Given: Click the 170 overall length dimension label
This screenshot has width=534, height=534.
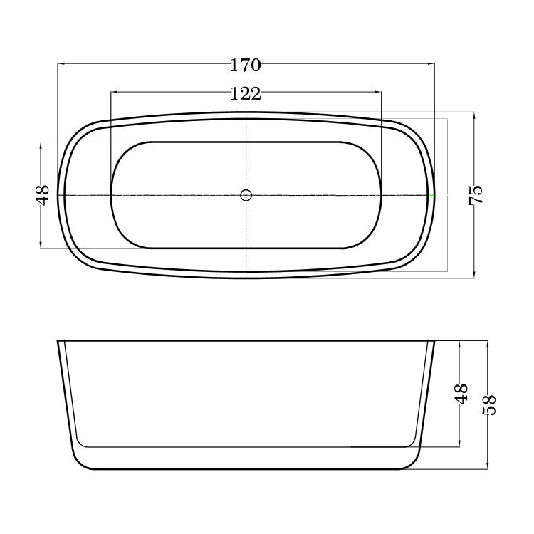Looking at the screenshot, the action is (246, 65).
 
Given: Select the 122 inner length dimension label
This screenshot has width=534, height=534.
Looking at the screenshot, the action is (246, 93).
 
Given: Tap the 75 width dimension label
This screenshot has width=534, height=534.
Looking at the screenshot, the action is (476, 194).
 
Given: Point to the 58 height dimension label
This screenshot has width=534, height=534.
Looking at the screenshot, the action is (489, 405).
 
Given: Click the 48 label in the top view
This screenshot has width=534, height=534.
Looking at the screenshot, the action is (43, 195).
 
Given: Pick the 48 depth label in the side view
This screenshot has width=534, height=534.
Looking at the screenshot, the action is (461, 394).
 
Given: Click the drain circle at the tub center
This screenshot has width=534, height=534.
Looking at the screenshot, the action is (246, 195).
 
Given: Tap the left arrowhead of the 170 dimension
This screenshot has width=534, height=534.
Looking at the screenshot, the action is (61, 63).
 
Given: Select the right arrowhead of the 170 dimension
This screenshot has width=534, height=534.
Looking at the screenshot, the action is (431, 63).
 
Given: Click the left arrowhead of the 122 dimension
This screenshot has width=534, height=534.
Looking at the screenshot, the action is (115, 92).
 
